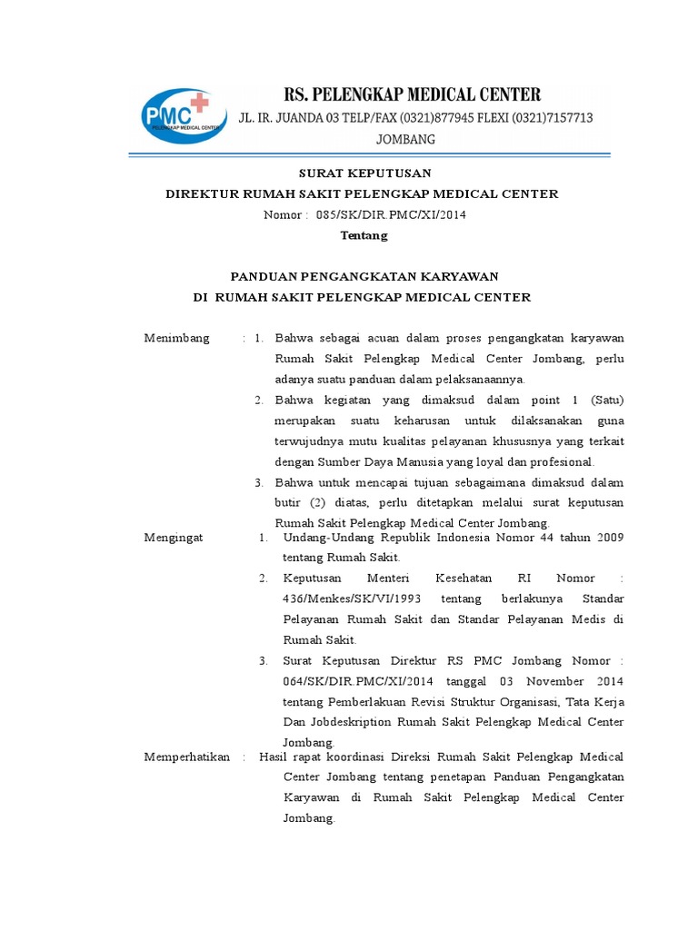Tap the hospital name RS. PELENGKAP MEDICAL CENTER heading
(413, 94)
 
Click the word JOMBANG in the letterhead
(406, 139)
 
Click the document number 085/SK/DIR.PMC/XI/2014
(392, 214)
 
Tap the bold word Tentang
(364, 235)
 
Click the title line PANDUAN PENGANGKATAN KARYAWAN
(364, 276)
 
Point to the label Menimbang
(176, 338)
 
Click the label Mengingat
(174, 537)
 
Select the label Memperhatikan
(186, 757)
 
